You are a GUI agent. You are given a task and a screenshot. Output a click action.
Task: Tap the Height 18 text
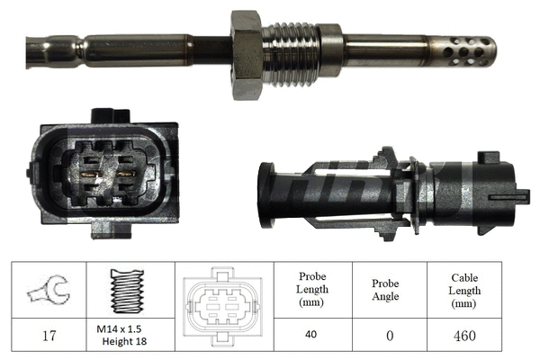click(x=125, y=342)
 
